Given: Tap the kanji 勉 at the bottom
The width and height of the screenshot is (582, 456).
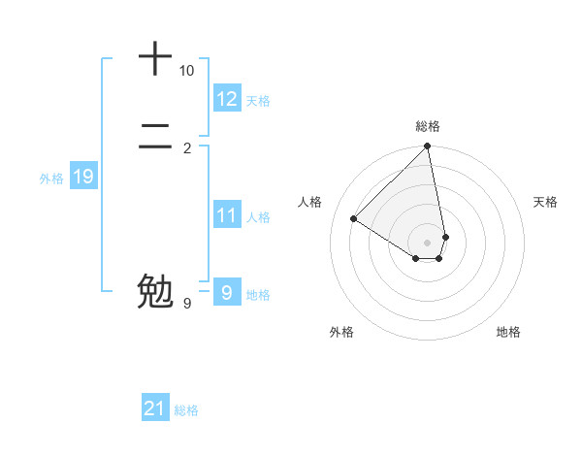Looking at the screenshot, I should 155,290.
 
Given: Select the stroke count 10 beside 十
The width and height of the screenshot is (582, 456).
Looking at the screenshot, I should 186,71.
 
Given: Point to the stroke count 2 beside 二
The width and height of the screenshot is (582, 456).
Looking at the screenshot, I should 187,148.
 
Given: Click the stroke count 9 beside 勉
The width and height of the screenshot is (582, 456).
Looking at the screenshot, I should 187,304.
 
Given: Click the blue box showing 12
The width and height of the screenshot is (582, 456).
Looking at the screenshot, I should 227,99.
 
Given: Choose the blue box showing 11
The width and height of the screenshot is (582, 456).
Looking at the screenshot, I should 227,215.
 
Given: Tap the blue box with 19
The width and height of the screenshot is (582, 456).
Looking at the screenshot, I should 83,177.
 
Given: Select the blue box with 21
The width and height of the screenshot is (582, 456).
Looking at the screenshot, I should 155,408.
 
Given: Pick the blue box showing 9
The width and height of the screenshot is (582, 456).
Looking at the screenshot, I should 227,293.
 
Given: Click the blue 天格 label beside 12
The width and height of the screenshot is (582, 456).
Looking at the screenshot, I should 258,101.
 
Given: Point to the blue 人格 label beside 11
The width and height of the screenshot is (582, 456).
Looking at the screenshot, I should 258,217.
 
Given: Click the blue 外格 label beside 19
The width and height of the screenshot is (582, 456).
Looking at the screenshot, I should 51,179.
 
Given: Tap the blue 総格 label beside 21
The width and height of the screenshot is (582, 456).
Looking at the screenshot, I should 186,410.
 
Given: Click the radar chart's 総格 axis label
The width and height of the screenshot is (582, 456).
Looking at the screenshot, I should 428,126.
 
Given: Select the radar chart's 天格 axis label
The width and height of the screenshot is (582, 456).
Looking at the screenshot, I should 545,202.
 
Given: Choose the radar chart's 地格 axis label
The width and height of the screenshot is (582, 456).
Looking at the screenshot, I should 508,332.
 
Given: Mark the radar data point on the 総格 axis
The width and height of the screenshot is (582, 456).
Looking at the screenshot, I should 428,147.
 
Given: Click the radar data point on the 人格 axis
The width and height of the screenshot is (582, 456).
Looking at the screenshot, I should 354,219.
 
